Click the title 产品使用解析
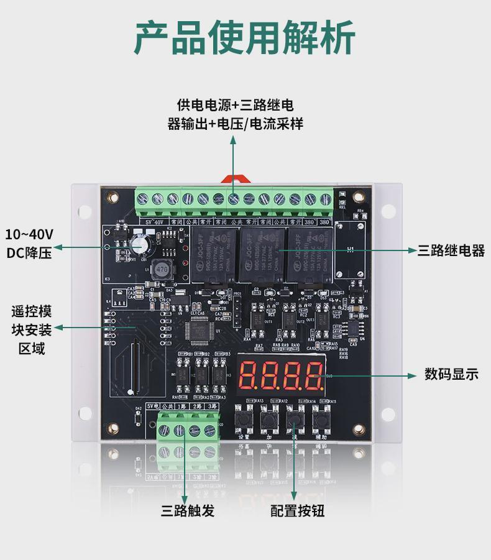click(x=245, y=38)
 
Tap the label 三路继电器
click(x=451, y=250)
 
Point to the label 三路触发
click(x=188, y=511)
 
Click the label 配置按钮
click(x=297, y=511)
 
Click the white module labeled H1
click(x=351, y=250)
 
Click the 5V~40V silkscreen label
click(x=154, y=221)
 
